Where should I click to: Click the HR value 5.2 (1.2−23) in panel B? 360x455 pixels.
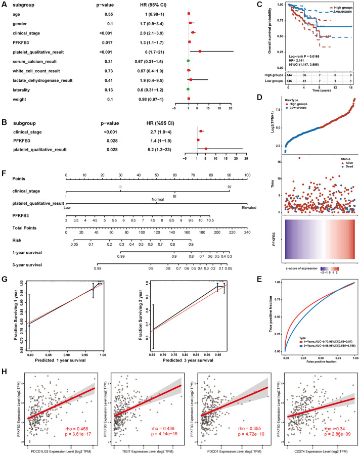point(152,149)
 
